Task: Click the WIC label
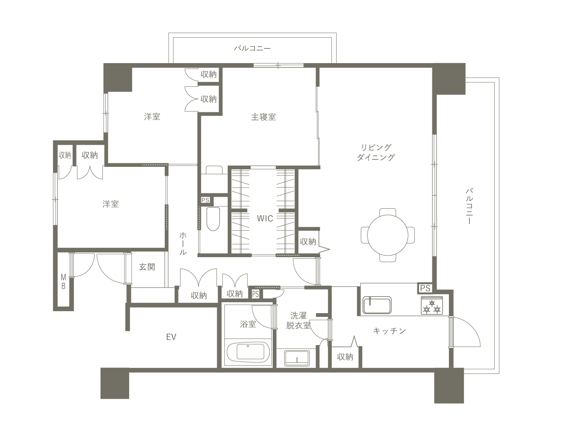[x=265, y=218]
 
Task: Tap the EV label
[x=171, y=337]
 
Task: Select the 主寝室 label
[x=263, y=117]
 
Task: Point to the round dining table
[x=387, y=235]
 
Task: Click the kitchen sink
[x=377, y=305]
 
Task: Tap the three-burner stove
[x=432, y=305]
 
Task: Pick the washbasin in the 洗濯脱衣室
[x=297, y=359]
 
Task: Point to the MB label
[x=63, y=282]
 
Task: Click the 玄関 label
[x=147, y=267]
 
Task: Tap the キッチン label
[x=389, y=331]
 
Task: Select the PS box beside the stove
[x=425, y=288]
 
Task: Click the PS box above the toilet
[x=205, y=200]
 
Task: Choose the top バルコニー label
[x=252, y=49]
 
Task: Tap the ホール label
[x=183, y=243]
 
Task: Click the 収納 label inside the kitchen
[x=345, y=357]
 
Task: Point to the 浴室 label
[x=248, y=324]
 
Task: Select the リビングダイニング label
[x=376, y=152]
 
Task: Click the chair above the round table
[x=388, y=212]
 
